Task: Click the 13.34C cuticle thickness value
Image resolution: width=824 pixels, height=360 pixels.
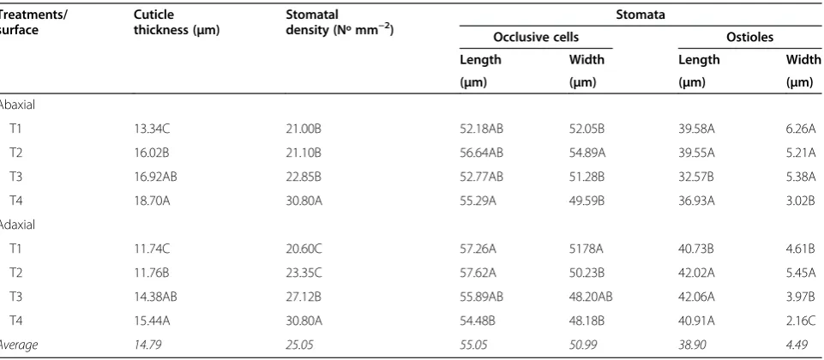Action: pyautogui.click(x=152, y=129)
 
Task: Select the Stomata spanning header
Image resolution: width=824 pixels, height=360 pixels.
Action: pyautogui.click(x=641, y=15)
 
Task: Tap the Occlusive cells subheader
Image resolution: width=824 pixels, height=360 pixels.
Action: pyautogui.click(x=536, y=38)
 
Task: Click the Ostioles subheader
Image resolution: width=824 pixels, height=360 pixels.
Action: pyautogui.click(x=750, y=38)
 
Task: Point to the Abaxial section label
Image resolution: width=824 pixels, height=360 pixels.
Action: pyautogui.click(x=17, y=105)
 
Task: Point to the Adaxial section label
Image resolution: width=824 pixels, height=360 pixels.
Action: pyautogui.click(x=17, y=225)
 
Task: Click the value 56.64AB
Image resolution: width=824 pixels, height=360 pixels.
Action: pyautogui.click(x=481, y=153)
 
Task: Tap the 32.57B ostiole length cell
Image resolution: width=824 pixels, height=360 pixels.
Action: pyautogui.click(x=696, y=177)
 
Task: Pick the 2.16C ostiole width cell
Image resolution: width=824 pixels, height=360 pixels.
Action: pyautogui.click(x=801, y=321)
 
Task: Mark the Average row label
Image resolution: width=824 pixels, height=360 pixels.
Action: pyautogui.click(x=19, y=345)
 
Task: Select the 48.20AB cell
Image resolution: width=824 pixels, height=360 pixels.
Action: pyautogui.click(x=591, y=297)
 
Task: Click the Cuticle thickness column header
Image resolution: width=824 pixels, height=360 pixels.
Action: pyautogui.click(x=176, y=22)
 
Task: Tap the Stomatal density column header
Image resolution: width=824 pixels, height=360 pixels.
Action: pyautogui.click(x=340, y=22)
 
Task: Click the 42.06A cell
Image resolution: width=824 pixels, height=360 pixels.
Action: pyautogui.click(x=696, y=297)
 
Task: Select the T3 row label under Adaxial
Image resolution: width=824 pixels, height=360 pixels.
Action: pyautogui.click(x=15, y=297)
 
